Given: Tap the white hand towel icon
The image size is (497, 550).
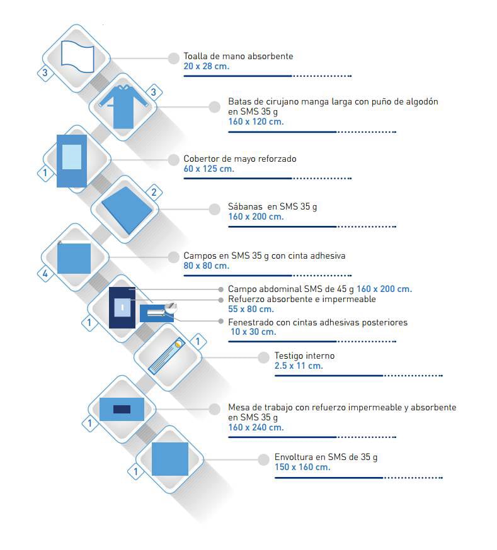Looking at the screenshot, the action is [77, 57].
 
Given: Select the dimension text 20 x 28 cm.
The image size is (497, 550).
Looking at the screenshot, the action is [207, 66].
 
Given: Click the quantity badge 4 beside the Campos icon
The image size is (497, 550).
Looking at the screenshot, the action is [45, 273].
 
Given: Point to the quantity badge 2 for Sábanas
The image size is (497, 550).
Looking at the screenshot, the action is [154, 192].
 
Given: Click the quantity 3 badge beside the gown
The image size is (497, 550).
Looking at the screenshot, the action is [153, 93].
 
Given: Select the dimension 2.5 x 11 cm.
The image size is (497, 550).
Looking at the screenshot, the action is [299, 366].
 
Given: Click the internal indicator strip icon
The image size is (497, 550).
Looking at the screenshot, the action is [167, 356].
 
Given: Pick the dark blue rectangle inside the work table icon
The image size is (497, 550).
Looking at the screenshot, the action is [122, 409].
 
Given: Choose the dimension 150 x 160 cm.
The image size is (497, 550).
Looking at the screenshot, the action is [302, 467].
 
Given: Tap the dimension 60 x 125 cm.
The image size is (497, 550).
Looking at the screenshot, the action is [209, 169].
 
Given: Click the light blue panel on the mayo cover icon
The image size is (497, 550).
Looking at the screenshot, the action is [72, 157].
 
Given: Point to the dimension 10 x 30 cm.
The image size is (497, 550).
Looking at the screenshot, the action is [253, 332].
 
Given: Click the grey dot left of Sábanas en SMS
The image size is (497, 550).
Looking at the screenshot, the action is [214, 209].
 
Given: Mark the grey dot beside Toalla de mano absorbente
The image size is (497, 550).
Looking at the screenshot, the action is [173, 59].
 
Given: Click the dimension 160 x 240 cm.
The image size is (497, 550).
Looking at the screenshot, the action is [256, 427].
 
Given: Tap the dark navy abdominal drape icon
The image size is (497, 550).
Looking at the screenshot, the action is [122, 308].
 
